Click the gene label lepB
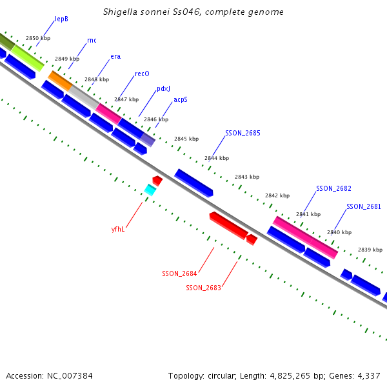coord(61,19)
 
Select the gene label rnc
coord(92,40)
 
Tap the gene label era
coord(115,56)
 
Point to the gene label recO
coord(142,74)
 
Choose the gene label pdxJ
coord(163,89)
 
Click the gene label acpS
coord(180,100)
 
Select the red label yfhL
coord(118,228)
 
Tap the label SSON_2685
coord(243,133)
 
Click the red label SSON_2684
coord(179,273)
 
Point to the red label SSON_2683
coord(203,288)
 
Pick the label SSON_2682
coord(333,188)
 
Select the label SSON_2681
coord(364,206)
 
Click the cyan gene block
coord(150,190)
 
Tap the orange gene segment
coord(60,81)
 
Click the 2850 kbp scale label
coord(37,38)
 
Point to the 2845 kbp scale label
coord(186,139)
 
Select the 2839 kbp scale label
coord(370,250)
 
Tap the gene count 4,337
coord(368,375)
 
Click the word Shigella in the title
coord(120,12)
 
